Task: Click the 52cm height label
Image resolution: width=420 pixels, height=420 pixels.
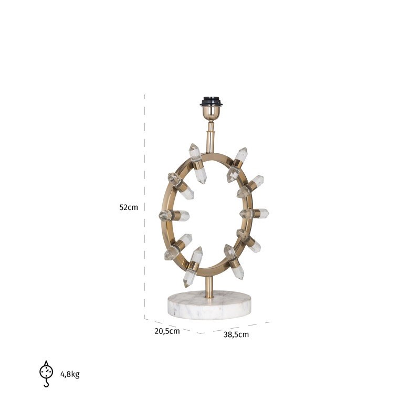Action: (x=129, y=207)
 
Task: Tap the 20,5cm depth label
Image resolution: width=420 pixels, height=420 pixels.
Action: (x=167, y=331)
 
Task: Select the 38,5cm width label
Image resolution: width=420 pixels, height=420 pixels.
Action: (x=236, y=334)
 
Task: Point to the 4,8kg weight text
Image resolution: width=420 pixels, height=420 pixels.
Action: (x=70, y=374)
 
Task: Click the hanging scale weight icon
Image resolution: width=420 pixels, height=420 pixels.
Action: (x=46, y=374)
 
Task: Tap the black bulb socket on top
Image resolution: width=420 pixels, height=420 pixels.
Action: (x=212, y=101)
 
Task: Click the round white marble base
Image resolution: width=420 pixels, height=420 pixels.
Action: (x=209, y=305)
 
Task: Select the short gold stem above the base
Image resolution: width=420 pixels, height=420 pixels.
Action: (x=209, y=287)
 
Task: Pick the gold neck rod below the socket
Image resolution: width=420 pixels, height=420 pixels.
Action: (x=211, y=136)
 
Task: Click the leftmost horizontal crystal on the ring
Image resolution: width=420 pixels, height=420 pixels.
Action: (x=174, y=215)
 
